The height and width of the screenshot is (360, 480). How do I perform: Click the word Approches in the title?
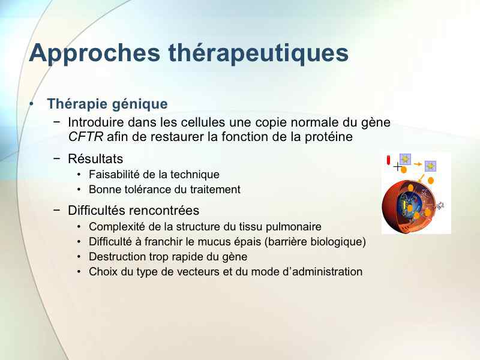(x=95, y=53)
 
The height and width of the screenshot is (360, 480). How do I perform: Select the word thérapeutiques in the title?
(x=259, y=53)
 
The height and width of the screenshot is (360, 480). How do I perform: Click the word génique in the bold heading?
(x=140, y=104)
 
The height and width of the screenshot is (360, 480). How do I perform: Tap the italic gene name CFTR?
(x=86, y=137)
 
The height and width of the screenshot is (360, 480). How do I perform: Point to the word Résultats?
(x=95, y=158)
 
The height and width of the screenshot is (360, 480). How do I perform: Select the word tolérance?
(x=148, y=190)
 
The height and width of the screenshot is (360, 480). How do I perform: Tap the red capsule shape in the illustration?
(x=388, y=160)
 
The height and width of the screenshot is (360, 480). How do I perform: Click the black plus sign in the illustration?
(x=397, y=167)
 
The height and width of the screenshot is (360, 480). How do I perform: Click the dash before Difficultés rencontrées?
(x=56, y=210)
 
